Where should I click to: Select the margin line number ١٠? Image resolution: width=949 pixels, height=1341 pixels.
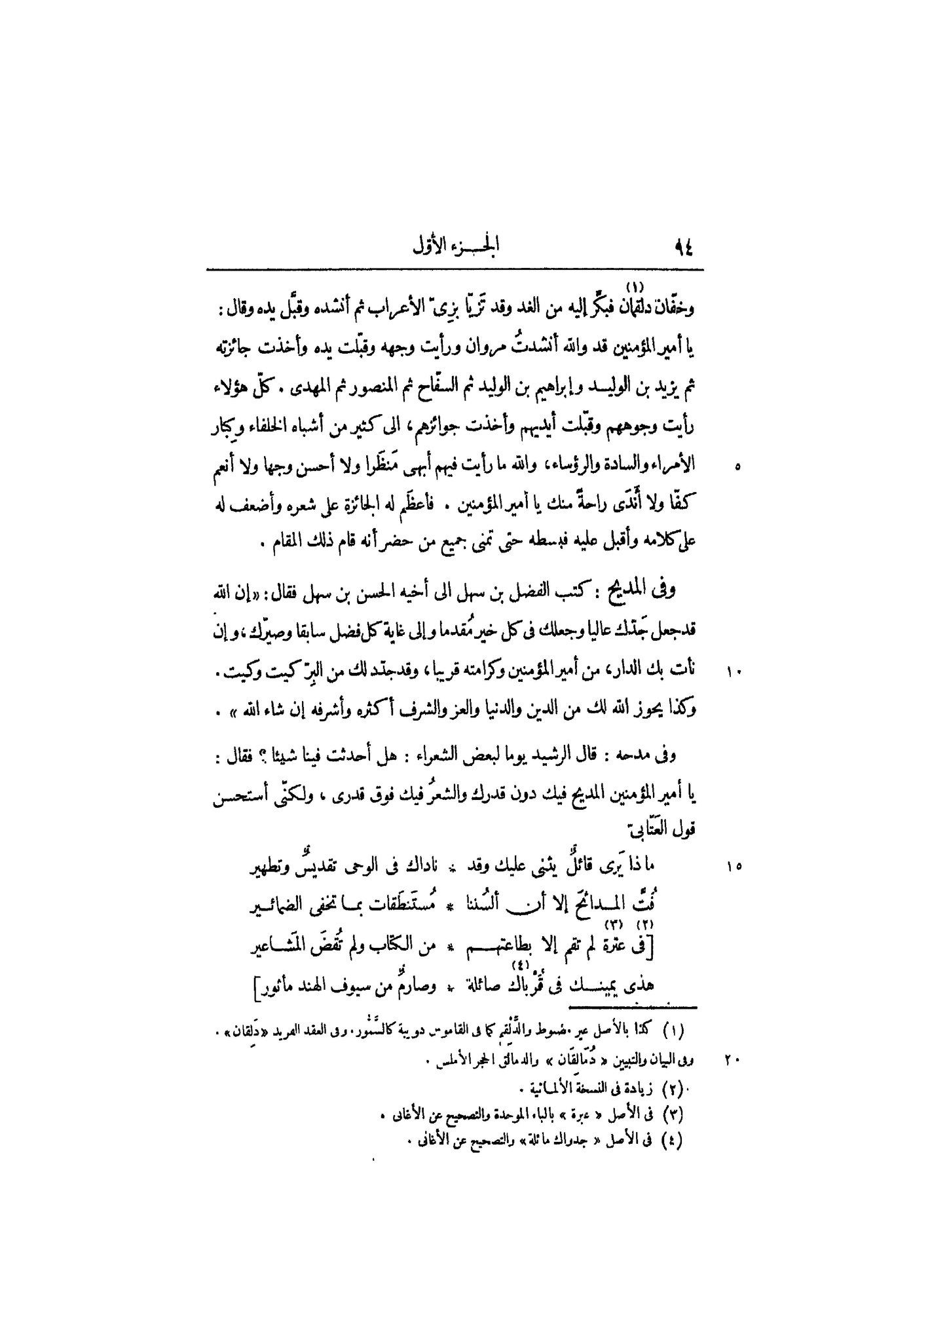click(x=734, y=671)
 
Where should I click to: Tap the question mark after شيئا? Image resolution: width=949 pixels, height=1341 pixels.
click(x=265, y=755)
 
